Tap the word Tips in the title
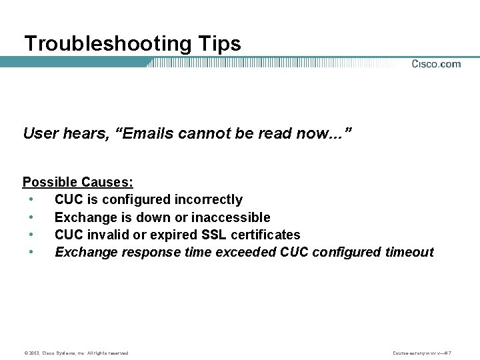(219, 44)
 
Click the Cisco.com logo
(436, 64)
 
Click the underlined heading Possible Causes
(78, 182)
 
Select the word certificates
(265, 235)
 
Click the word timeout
(409, 252)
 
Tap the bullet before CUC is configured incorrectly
(31, 199)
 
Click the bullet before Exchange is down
(31, 217)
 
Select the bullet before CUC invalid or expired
(31, 235)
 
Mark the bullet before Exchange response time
(31, 252)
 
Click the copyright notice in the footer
(76, 353)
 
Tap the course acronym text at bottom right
(433, 353)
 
